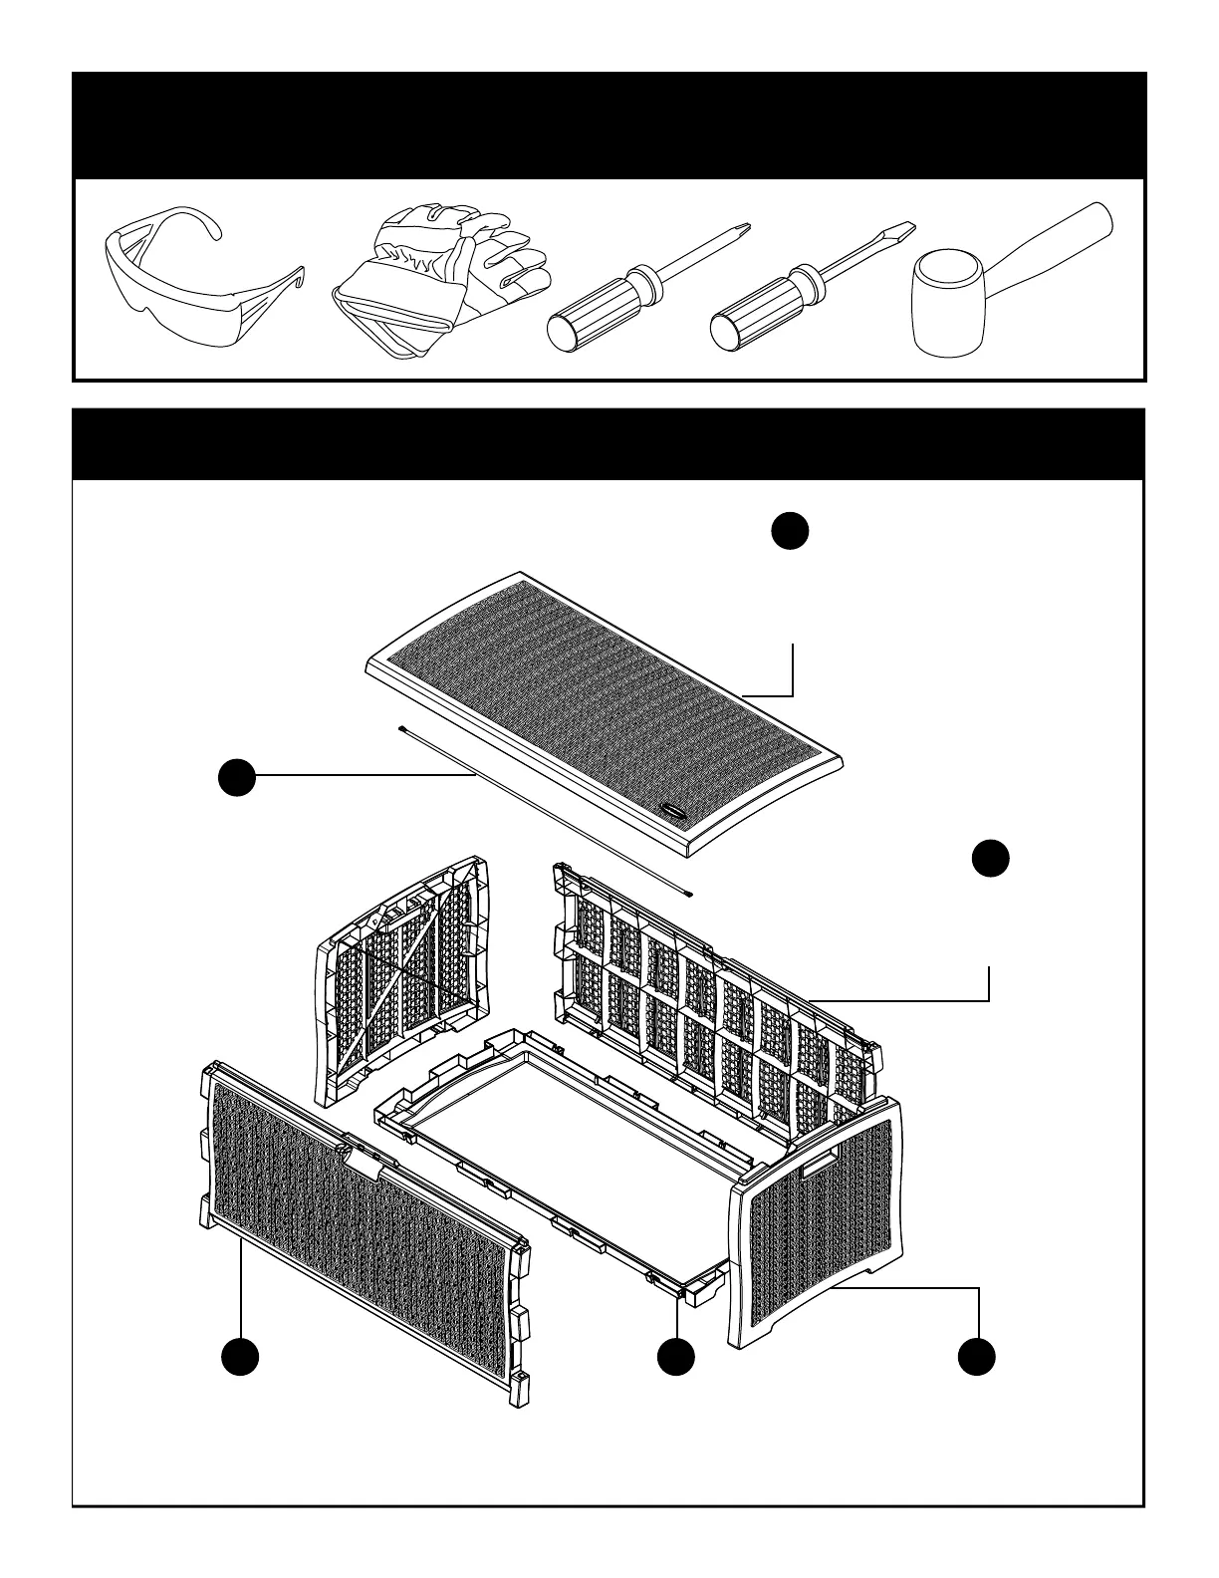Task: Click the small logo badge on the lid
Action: coord(673,812)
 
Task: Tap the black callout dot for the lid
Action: coord(790,531)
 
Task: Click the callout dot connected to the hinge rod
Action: coord(237,775)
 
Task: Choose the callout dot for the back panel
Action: coord(990,859)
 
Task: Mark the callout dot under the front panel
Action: coord(240,1358)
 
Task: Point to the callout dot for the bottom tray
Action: coord(676,1358)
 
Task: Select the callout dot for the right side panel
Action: coord(977,1358)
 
